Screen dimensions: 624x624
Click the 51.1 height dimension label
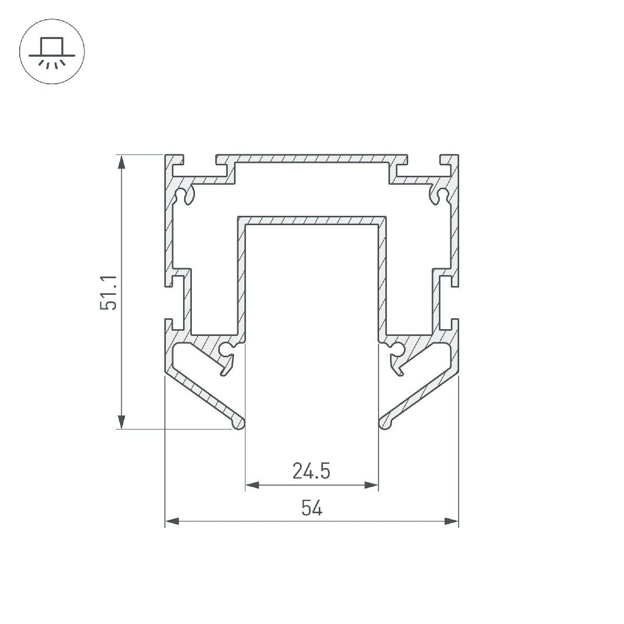tap(109, 293)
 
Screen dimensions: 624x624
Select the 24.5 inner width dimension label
tap(311, 471)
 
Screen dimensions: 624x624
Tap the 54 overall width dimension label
tap(312, 508)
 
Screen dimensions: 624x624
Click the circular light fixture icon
tap(52, 51)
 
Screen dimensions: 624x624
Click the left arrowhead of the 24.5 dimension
tap(253, 485)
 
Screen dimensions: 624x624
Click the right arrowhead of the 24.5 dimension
tap(371, 485)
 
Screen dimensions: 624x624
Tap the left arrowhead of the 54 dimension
tap(172, 522)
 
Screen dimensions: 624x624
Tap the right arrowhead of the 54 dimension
tap(451, 522)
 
